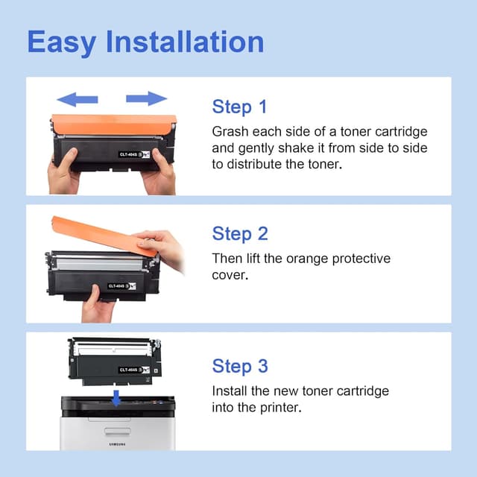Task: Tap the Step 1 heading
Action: coord(239,107)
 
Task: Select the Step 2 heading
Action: coord(240,233)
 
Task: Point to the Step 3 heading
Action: coord(240,366)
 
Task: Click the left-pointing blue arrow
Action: coord(78,99)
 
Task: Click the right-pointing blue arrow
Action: coord(146,98)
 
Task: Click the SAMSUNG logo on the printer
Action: coord(116,446)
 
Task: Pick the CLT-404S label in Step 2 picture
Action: coord(118,285)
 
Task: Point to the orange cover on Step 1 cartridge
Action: coord(113,124)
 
